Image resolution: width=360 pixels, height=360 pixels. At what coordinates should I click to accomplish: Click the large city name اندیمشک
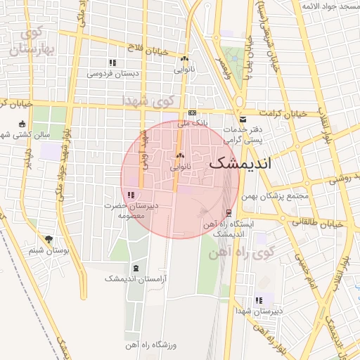(245, 163)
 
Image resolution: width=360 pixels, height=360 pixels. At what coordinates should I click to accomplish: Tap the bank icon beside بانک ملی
(192, 113)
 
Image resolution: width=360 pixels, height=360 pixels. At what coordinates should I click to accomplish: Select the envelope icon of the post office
(243, 119)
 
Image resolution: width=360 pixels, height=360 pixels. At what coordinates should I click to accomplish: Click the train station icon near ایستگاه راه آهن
(228, 212)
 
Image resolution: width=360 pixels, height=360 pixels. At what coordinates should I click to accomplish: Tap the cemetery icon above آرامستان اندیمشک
(135, 269)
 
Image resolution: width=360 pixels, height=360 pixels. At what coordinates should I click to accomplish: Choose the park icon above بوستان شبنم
(49, 240)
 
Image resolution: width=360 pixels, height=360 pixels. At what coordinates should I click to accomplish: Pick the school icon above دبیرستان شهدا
(259, 300)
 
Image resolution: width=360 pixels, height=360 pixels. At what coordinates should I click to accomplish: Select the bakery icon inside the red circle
(181, 156)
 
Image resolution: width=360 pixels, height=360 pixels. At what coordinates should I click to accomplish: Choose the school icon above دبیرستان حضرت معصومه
(131, 195)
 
